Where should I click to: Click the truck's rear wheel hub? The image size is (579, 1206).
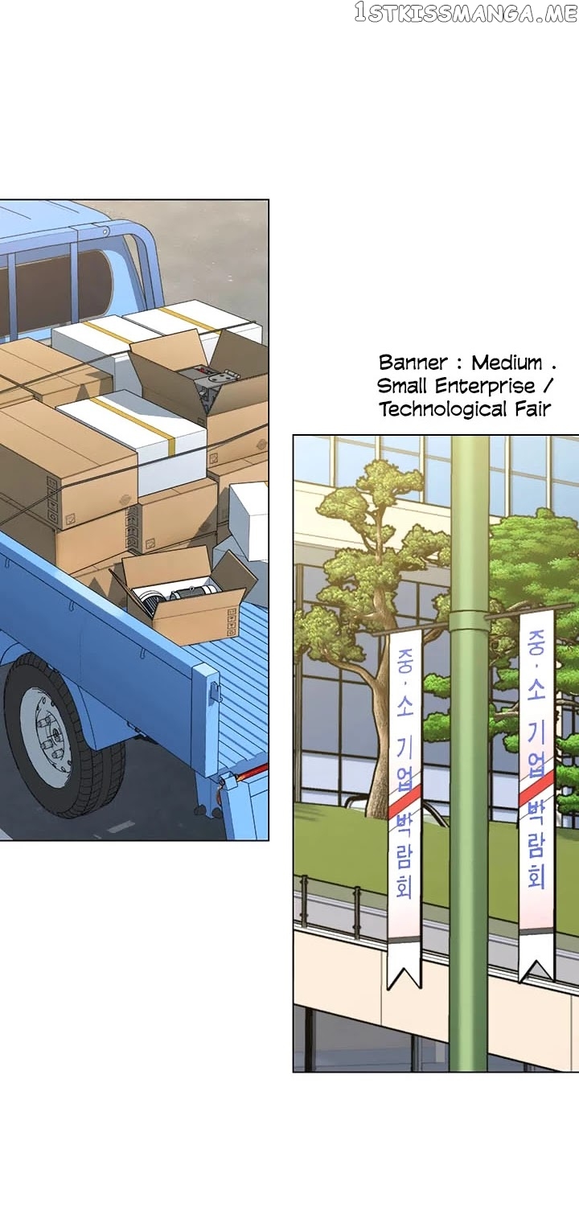tap(45, 736)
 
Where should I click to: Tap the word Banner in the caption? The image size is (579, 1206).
tap(413, 363)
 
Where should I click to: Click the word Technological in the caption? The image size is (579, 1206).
tap(443, 409)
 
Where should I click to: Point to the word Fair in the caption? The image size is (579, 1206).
tap(532, 409)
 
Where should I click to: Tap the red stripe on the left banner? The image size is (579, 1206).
tap(404, 802)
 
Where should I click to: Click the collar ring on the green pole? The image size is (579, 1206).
tap(469, 621)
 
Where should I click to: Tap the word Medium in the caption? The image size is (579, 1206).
tap(507, 363)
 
